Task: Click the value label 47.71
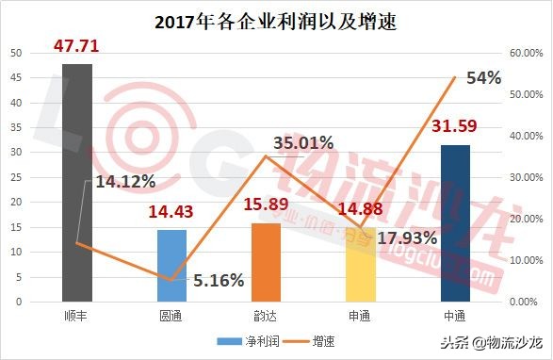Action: [x=76, y=44]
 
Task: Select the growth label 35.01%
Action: [x=303, y=143]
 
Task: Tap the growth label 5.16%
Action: [x=219, y=280]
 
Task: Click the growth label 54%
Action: [x=483, y=78]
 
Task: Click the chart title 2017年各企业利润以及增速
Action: [x=275, y=20]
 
